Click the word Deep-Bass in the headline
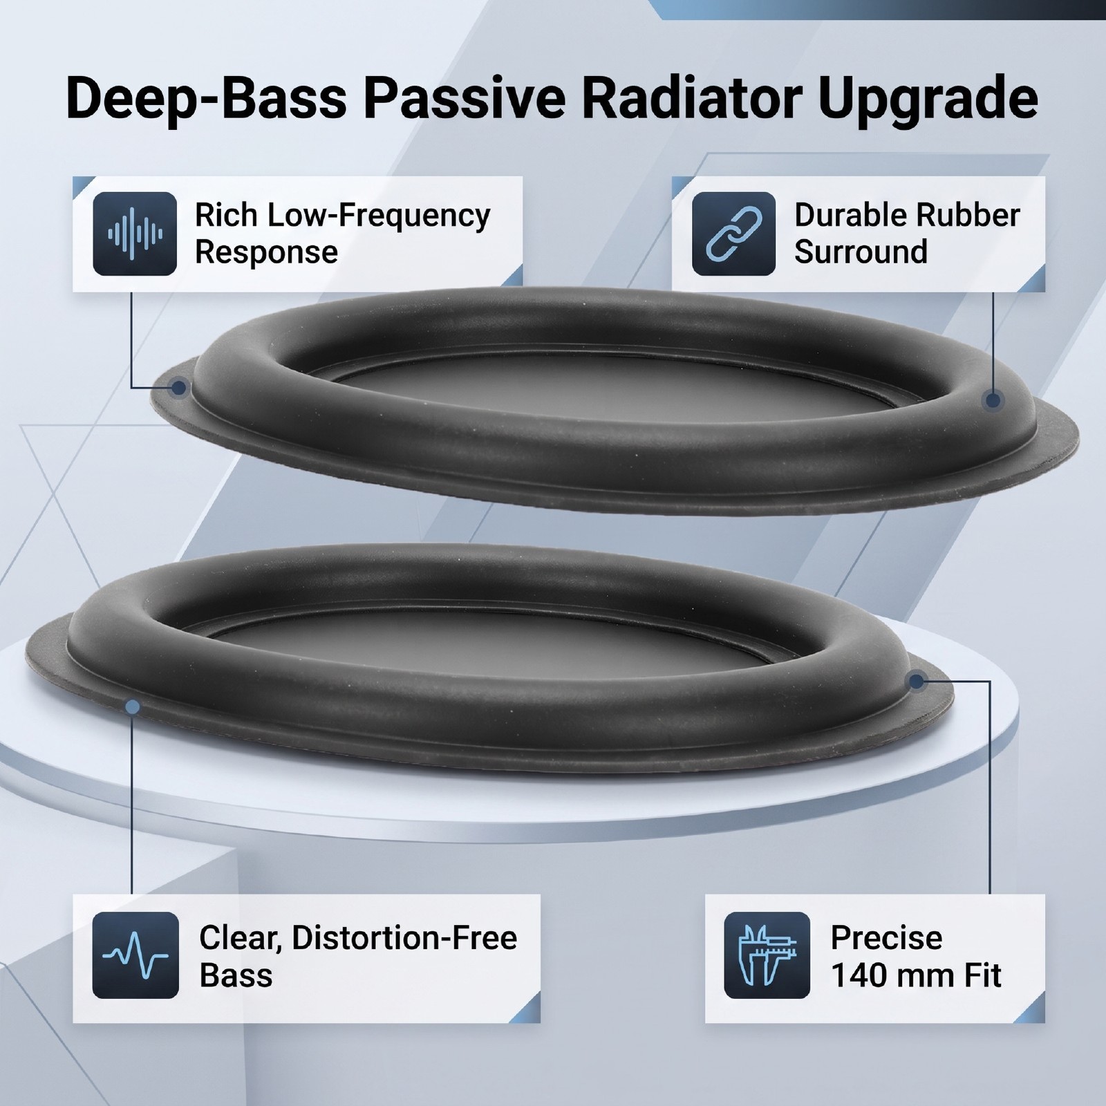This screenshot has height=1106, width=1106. click(x=207, y=100)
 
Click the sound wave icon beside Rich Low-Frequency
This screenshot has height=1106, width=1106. click(x=135, y=234)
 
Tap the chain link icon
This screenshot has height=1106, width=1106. click(x=733, y=234)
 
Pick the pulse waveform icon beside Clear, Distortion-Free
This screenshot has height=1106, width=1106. click(x=135, y=955)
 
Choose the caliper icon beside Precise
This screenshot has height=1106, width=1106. click(x=767, y=955)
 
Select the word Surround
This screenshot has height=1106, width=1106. click(x=861, y=252)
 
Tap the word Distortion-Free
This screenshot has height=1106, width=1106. click(x=404, y=938)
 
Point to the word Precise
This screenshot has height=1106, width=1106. click(x=886, y=938)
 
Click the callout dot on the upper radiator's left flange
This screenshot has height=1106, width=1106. click(x=179, y=387)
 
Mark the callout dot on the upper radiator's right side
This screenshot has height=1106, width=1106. click(x=993, y=400)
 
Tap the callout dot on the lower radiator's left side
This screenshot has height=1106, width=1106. click(x=133, y=706)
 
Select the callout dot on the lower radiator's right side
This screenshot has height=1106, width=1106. click(x=916, y=682)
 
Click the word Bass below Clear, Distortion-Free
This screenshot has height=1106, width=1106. click(x=236, y=975)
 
